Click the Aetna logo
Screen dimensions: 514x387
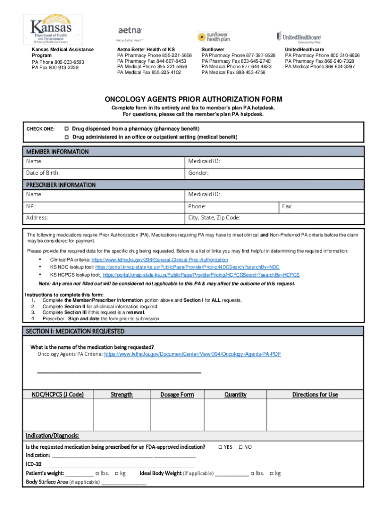click(130, 31)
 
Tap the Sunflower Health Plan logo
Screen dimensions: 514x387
click(214, 37)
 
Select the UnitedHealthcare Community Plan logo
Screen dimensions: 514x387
click(299, 37)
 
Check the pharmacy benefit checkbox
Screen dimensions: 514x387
click(66, 128)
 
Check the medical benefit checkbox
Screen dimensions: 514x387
click(66, 137)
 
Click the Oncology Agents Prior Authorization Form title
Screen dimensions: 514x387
click(193, 99)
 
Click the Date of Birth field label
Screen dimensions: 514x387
click(43, 173)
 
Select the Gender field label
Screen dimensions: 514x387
click(199, 173)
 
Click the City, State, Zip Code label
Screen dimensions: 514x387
click(214, 218)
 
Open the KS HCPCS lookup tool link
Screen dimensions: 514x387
click(201, 275)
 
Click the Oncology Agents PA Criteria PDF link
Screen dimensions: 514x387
click(192, 354)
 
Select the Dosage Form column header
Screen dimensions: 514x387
click(177, 395)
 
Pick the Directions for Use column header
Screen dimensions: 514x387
click(315, 395)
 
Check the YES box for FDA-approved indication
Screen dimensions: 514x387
click(220, 447)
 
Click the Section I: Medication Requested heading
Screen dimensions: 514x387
click(75, 331)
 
